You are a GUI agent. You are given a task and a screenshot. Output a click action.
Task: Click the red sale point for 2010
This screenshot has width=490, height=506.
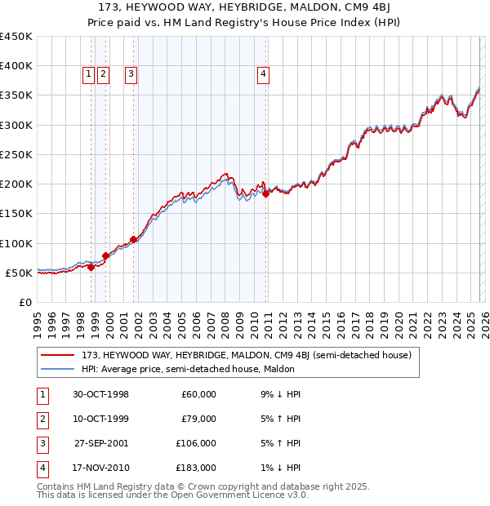coord(266,193)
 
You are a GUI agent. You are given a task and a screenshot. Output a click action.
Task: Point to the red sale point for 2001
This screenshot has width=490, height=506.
coord(133,239)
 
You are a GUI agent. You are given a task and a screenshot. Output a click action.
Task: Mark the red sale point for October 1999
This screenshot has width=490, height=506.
coord(105,255)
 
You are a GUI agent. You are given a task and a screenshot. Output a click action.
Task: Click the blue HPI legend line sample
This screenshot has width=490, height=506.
coord(58,368)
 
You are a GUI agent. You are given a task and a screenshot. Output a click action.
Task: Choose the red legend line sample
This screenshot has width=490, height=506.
coord(58,355)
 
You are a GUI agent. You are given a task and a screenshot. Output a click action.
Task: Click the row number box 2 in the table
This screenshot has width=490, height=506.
coord(40,419)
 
